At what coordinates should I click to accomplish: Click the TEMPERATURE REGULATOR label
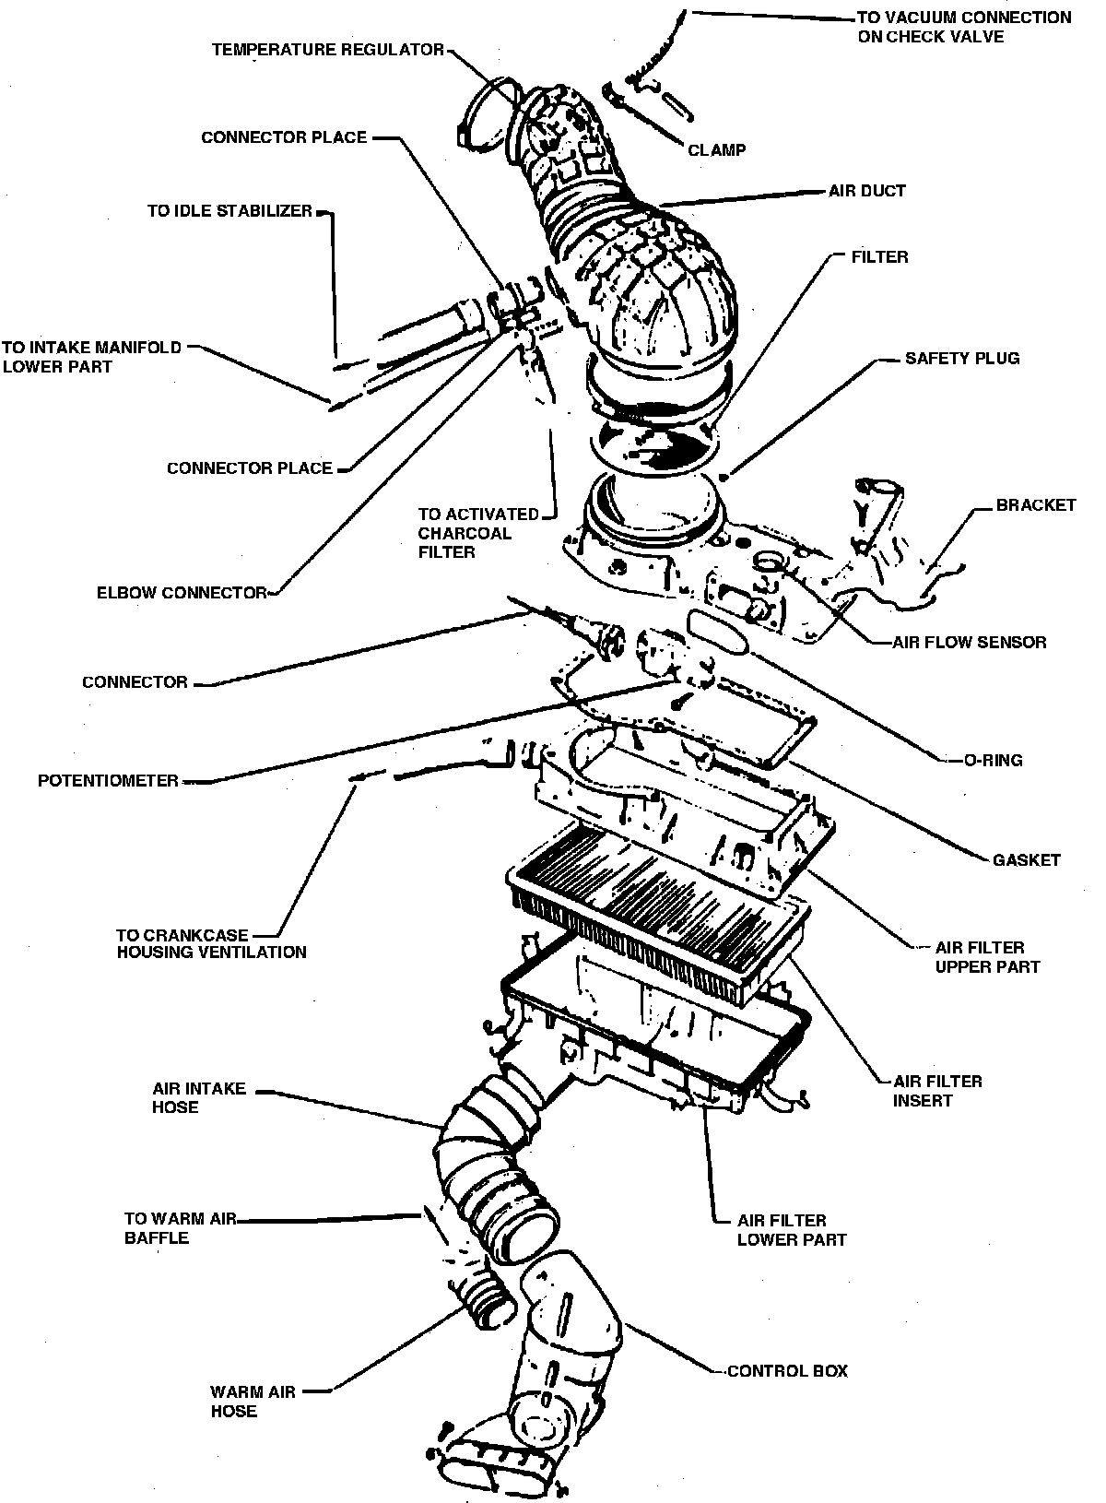(327, 49)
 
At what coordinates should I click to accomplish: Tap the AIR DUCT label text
(867, 191)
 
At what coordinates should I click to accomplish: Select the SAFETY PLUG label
(961, 358)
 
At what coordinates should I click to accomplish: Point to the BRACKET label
(1035, 505)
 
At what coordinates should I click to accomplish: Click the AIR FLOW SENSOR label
(970, 642)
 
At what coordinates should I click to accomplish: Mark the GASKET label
(1027, 859)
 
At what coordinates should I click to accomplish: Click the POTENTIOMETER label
(108, 781)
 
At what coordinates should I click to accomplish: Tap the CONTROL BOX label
(787, 1371)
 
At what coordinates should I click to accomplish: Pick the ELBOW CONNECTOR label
(181, 593)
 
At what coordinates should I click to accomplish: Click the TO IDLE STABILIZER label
(229, 211)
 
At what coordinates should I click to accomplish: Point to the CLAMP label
(717, 149)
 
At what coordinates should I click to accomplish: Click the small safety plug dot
(725, 477)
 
